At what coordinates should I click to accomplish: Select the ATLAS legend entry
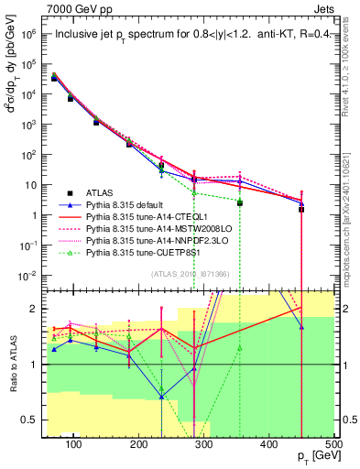pos(99,192)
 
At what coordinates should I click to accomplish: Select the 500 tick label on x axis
pos(334,443)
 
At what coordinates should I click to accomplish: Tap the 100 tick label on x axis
pos(75,443)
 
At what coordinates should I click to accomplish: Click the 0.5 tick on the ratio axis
pos(30,420)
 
